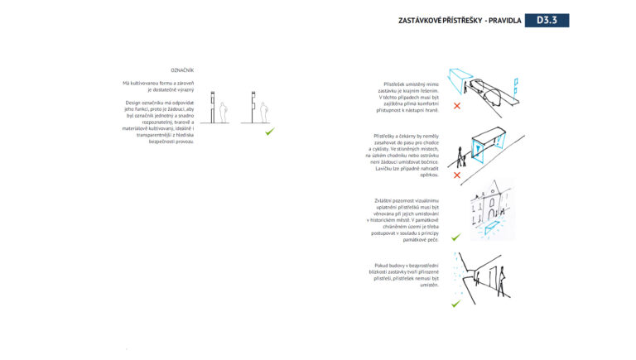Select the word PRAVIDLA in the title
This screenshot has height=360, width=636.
tap(504, 21)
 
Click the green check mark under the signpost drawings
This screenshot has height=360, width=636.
tap(269, 131)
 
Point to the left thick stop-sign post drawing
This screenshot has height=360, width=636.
tap(214, 106)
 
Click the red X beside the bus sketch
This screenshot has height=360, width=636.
tap(456, 107)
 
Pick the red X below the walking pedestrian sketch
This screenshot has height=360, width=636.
tap(456, 175)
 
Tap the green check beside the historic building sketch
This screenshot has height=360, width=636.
tap(456, 237)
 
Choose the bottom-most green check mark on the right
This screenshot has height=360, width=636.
tap(455, 304)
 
